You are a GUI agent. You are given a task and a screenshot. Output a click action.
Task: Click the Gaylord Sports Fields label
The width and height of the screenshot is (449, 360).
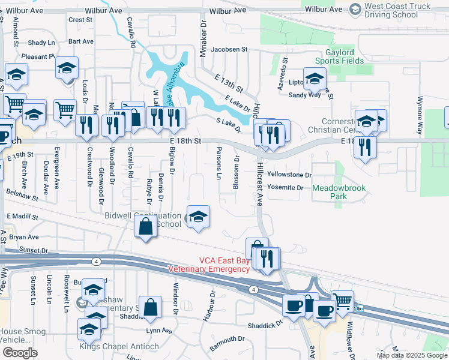[x=340, y=56]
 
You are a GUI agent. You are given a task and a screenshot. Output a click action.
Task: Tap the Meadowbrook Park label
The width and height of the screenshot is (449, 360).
[x=339, y=192]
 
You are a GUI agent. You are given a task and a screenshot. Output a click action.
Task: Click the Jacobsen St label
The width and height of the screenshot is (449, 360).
[x=228, y=49]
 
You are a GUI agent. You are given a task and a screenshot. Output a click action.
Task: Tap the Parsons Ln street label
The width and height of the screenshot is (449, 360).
[x=218, y=161]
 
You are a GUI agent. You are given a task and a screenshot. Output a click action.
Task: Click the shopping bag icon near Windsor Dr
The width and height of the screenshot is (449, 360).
[x=151, y=307]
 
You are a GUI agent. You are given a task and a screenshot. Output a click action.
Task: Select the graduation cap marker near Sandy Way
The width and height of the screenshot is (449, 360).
[x=315, y=78]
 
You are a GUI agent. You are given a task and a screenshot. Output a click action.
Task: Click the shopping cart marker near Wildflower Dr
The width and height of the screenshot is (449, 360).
[x=343, y=300]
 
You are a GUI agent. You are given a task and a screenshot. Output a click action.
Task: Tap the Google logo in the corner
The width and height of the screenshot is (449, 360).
[x=20, y=352]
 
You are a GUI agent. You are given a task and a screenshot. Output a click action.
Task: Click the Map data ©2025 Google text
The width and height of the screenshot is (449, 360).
[x=411, y=355]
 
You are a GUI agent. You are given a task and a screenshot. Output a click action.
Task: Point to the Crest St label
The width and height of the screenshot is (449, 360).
[x=80, y=20]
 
